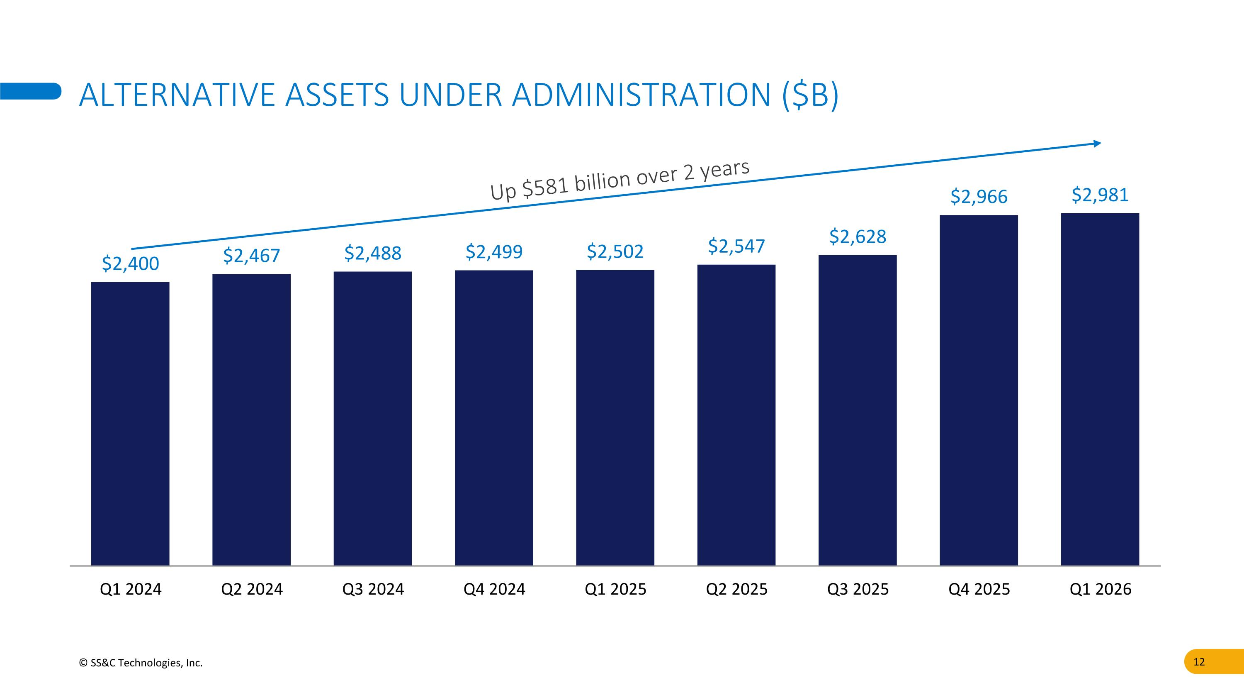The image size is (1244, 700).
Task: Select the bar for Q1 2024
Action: tap(130, 424)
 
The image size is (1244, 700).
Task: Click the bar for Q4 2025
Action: tap(979, 390)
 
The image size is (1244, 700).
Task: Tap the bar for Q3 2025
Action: tap(858, 410)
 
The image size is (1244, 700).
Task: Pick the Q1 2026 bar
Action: tap(1100, 389)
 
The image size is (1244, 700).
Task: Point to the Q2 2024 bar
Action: tap(252, 420)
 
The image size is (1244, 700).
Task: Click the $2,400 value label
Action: tap(130, 264)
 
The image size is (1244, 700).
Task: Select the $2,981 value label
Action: tap(1100, 195)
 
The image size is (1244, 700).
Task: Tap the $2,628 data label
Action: tap(858, 237)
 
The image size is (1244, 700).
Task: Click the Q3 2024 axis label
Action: tap(373, 589)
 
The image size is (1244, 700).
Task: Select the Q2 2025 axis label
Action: tap(736, 589)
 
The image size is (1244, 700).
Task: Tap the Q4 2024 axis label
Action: tap(494, 589)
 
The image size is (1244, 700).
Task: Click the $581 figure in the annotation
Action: tap(546, 186)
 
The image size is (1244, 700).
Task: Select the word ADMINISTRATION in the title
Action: tap(641, 95)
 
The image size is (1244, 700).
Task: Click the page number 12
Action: tap(1199, 662)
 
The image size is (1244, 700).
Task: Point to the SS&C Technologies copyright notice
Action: tap(141, 663)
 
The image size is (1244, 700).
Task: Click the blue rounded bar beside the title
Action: tap(30, 91)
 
